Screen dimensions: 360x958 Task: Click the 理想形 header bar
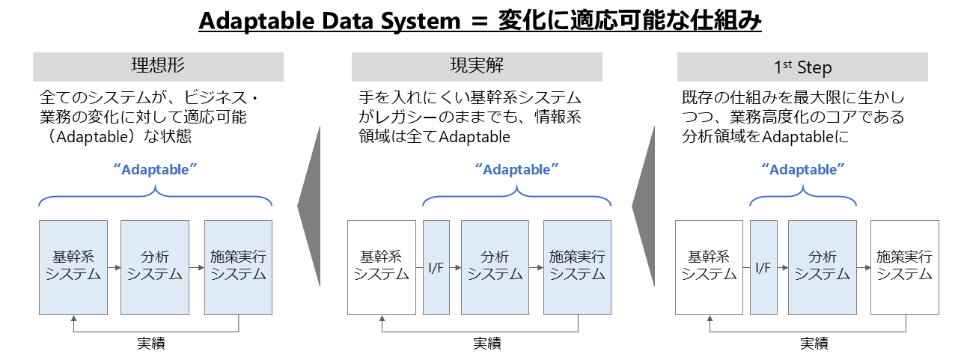[158, 67]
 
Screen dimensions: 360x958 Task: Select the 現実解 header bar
[477, 67]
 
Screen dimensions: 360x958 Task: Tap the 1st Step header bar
[802, 67]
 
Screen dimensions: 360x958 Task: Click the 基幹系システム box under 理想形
[73, 266]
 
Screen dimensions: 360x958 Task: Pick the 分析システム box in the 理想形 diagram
[155, 266]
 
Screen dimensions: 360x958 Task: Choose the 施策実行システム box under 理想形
[238, 266]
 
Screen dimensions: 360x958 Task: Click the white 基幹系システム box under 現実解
[382, 266]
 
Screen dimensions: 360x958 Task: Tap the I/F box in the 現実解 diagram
[436, 266]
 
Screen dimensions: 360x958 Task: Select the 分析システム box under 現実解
[495, 266]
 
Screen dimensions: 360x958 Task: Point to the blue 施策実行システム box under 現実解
[577, 266]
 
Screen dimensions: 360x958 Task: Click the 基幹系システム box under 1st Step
[709, 266]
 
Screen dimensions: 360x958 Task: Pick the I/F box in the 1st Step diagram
[763, 266]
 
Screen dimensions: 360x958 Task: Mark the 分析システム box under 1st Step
[822, 266]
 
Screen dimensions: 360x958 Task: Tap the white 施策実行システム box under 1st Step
[904, 266]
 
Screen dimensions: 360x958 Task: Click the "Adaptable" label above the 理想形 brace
[155, 169]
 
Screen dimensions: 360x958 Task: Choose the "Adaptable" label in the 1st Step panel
[803, 169]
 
